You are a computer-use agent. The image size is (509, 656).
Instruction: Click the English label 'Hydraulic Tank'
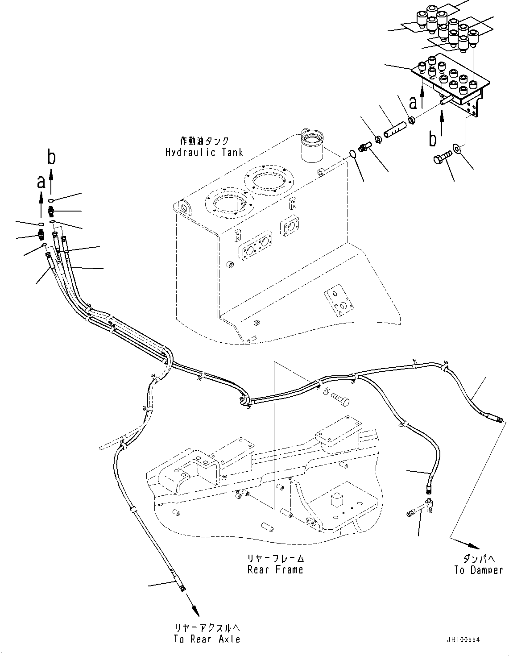204,152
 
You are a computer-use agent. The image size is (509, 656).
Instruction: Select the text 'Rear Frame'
275,569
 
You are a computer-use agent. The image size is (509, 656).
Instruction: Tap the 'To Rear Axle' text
207,639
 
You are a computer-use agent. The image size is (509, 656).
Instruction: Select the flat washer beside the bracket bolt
457,147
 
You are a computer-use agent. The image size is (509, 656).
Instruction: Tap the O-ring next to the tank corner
352,154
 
